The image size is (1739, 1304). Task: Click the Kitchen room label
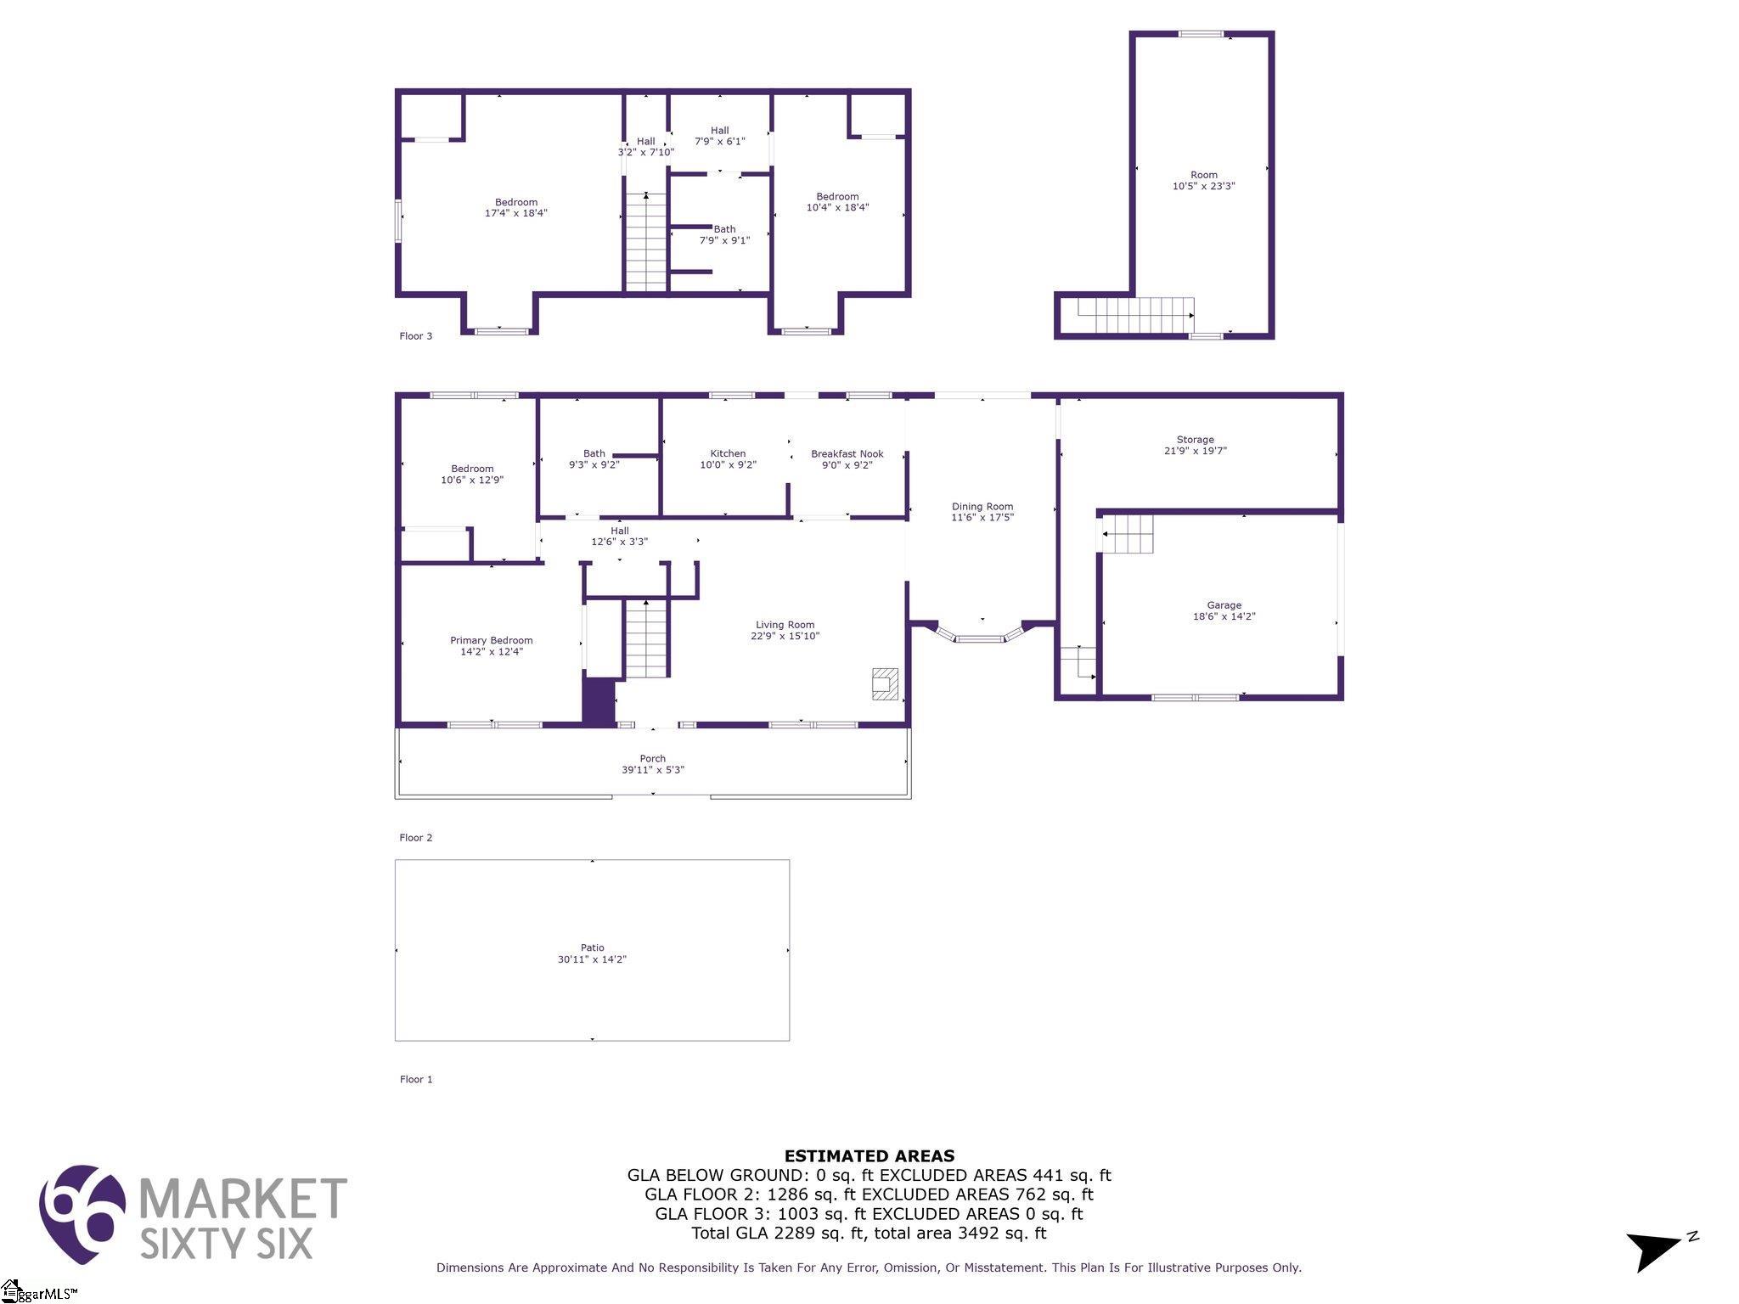(x=728, y=453)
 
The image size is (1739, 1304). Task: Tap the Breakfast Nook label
(x=847, y=454)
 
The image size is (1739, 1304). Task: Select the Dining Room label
(x=982, y=507)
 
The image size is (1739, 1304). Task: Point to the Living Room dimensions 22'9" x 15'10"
(x=785, y=636)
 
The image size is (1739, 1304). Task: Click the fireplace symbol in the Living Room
(x=885, y=684)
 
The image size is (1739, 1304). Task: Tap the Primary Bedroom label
(x=492, y=641)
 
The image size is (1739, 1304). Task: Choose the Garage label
(x=1224, y=605)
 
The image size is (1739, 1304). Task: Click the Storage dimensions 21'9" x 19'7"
(x=1195, y=451)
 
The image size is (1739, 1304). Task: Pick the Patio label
(x=593, y=947)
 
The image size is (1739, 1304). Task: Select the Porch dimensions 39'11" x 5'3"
(x=652, y=770)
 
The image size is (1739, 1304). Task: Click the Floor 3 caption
(x=416, y=336)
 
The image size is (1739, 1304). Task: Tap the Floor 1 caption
(x=416, y=1080)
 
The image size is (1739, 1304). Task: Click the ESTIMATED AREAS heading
(x=869, y=1155)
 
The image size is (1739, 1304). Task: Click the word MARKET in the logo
(x=243, y=1198)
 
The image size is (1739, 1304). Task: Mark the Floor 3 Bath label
(x=724, y=229)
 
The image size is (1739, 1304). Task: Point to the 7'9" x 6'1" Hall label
(x=719, y=136)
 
